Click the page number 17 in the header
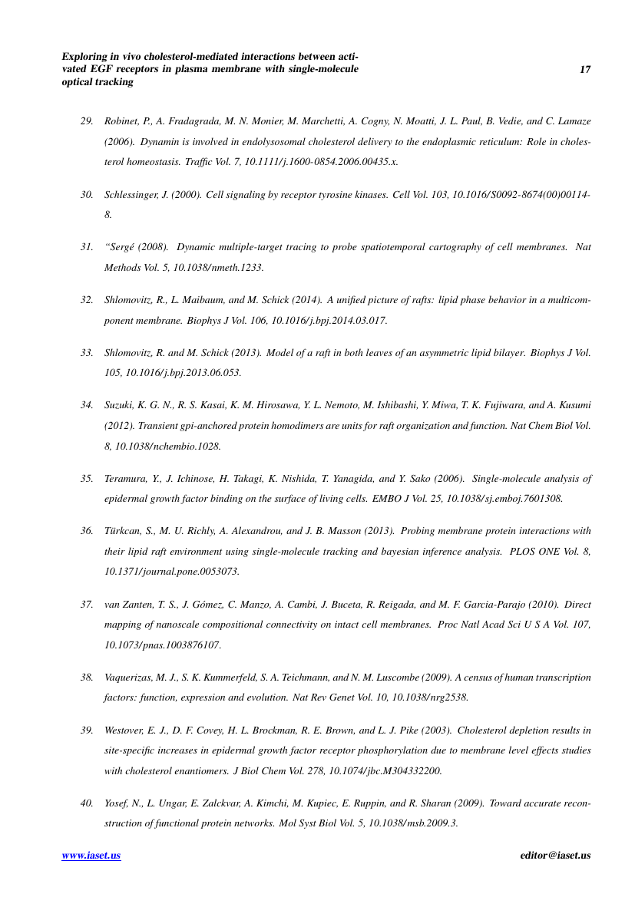tap(585, 70)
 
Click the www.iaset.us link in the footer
tap(91, 856)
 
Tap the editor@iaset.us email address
tap(555, 856)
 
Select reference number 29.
tap(87, 122)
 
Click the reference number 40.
tap(87, 803)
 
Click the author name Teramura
tap(124, 479)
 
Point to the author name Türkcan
tap(121, 530)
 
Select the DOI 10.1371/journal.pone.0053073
tap(170, 572)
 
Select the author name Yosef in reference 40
tap(117, 803)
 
